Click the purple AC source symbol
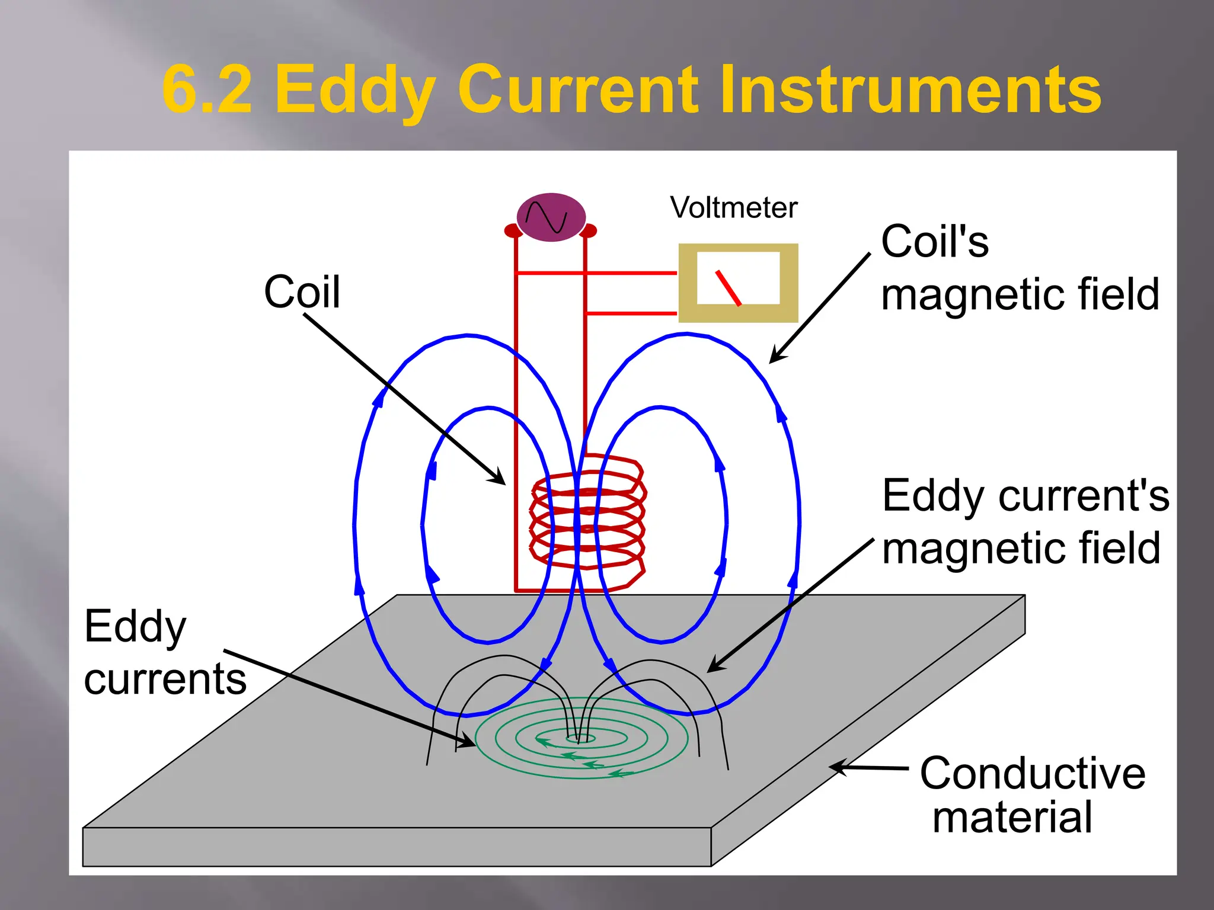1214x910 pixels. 551,217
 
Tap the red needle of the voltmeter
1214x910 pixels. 729,288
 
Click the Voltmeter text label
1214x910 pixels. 733,207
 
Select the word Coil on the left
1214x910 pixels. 302,291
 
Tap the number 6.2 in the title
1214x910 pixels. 207,90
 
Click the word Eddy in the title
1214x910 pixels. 355,90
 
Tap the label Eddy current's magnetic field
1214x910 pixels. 1025,521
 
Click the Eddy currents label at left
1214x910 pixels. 165,652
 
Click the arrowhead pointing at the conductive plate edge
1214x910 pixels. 836,767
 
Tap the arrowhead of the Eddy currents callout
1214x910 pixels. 468,741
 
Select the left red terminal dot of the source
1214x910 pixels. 511,230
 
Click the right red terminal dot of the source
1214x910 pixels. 590,230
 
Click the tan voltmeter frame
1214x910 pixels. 688,283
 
